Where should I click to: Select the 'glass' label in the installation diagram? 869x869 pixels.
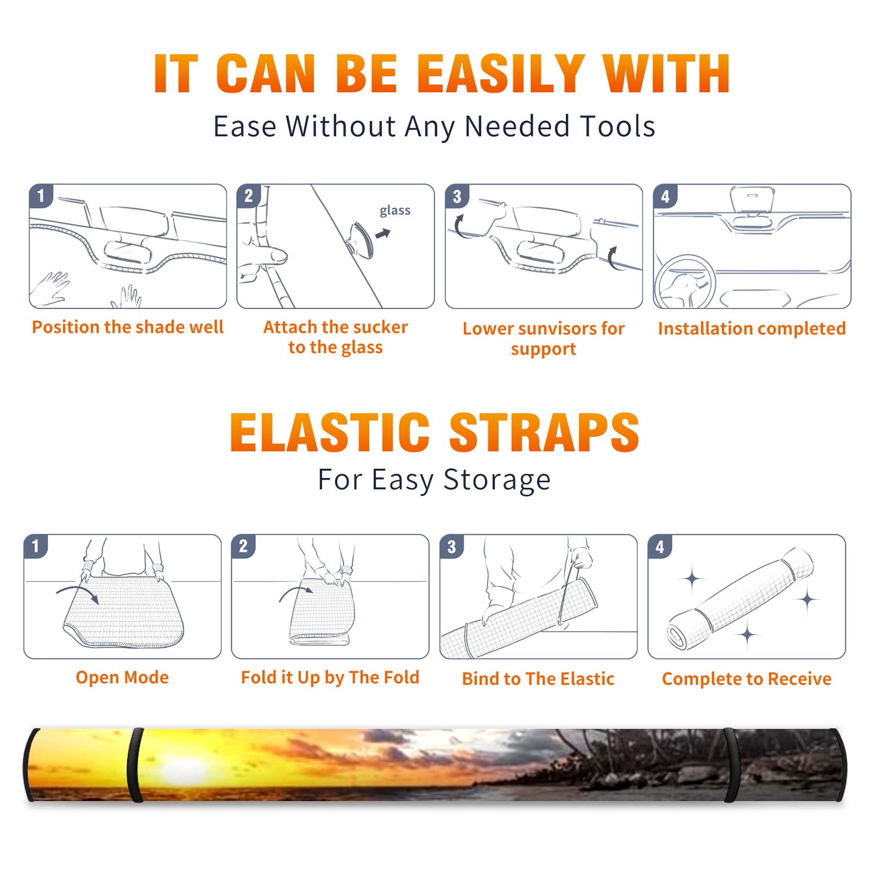395,211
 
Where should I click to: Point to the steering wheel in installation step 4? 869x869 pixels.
684,282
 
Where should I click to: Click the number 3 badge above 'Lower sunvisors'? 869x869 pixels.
457,196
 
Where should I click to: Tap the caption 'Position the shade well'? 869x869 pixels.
128,327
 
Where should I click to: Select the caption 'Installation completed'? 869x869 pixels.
752,329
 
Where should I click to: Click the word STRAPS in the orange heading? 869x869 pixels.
544,432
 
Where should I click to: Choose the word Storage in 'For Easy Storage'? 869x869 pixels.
497,480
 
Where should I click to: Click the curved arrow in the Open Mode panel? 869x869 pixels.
78,593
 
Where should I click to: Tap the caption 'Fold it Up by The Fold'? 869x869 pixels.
330,677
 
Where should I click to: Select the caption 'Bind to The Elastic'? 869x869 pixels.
538,679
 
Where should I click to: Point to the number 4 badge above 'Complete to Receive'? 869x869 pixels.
660,546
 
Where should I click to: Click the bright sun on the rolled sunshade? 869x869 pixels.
187,769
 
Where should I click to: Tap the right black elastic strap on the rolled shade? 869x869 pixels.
731,765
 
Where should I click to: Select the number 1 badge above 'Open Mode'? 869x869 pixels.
36,546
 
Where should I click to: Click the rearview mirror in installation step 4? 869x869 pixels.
752,199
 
